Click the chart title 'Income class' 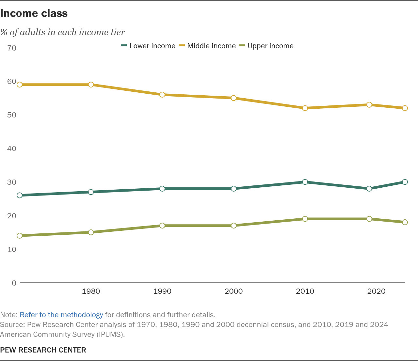point(34,13)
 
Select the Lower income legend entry point(148,46)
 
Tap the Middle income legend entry point(207,46)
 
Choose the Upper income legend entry point(266,46)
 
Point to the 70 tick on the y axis point(12,48)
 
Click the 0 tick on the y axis point(14,283)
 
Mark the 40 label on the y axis point(12,149)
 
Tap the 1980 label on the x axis point(91,291)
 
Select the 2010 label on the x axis point(305,291)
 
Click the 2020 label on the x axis point(376,291)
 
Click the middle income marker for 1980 point(91,85)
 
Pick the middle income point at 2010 point(305,108)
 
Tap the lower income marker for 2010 point(305,182)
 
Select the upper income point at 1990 point(162,226)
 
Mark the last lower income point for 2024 point(405,182)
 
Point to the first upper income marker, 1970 point(20,236)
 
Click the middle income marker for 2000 point(233,98)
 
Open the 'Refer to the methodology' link point(61,315)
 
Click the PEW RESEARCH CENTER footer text point(43,350)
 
